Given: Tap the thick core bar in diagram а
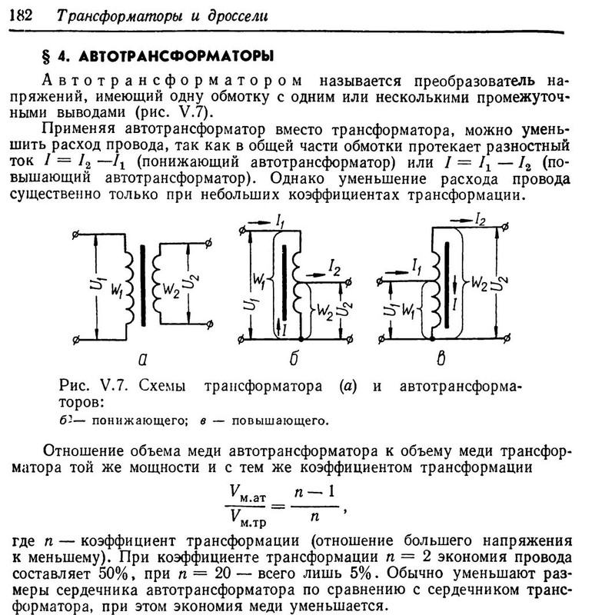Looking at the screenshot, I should point(143,284).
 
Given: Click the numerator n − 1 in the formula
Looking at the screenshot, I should point(314,490).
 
